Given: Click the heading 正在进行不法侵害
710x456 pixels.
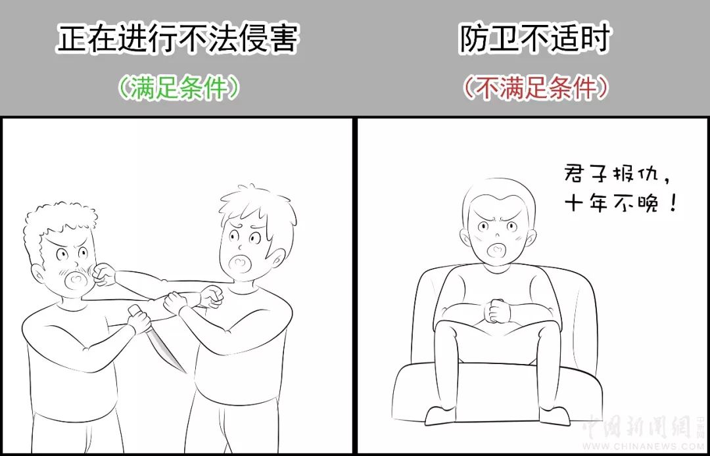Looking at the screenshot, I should point(177,39).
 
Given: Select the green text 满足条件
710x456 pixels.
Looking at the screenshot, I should point(177,88).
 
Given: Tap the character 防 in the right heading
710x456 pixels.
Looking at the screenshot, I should point(473,39).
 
